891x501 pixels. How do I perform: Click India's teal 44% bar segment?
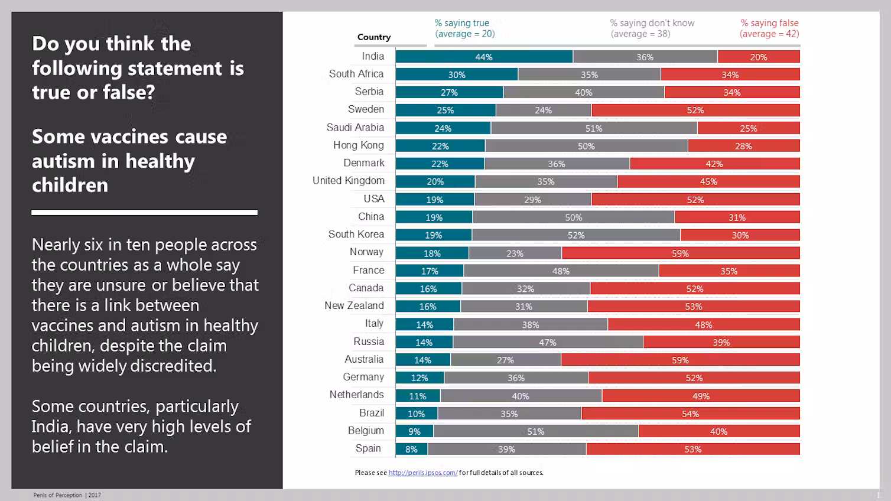[484, 57]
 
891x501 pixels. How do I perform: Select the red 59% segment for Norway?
[681, 253]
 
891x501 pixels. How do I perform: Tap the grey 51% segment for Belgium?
[535, 431]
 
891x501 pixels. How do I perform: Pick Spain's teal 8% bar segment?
[412, 449]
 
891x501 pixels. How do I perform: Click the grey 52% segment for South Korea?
[576, 235]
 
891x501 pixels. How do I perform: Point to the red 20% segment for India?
[759, 57]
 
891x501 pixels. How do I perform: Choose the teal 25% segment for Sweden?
[445, 110]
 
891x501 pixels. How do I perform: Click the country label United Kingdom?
[349, 181]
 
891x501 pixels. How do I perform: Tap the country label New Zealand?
[354, 305]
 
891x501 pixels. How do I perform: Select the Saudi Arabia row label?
[355, 128]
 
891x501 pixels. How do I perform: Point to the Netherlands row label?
[357, 395]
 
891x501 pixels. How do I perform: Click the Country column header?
[374, 37]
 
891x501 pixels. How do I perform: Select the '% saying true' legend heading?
[462, 23]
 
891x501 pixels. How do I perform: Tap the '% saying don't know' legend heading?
[652, 23]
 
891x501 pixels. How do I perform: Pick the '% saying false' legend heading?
[769, 23]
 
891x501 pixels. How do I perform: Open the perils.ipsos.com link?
[422, 473]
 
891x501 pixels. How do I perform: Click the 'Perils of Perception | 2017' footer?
[67, 495]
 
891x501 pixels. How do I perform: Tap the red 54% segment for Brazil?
[690, 414]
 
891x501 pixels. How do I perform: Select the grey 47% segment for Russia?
[548, 343]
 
